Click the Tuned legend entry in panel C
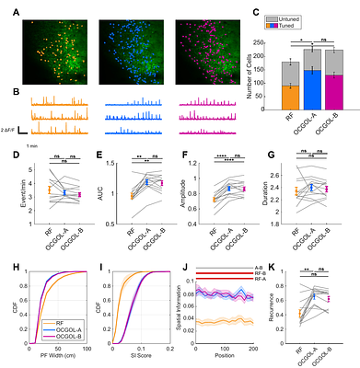pyautogui.click(x=327, y=28)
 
